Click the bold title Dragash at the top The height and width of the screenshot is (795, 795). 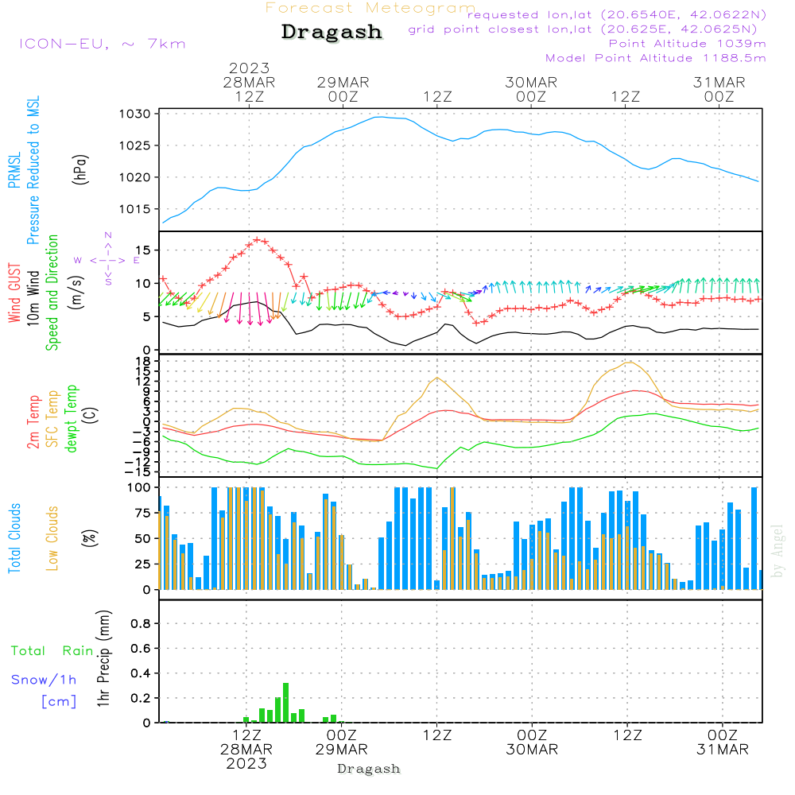[332, 33]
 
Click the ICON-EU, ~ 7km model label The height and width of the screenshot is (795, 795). [102, 44]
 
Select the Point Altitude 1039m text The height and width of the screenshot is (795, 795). [687, 44]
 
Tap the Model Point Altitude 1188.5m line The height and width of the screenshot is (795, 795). [656, 58]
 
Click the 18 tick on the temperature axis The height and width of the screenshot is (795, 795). [144, 361]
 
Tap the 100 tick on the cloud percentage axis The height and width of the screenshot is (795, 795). [140, 487]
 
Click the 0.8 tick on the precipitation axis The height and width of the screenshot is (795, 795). [141, 624]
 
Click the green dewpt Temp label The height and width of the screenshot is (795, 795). [72, 419]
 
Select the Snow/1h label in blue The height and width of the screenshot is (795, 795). [45, 680]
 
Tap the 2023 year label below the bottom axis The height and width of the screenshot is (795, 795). [246, 763]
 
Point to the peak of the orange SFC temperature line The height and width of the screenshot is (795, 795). [630, 363]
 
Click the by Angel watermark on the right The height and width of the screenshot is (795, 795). [778, 551]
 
